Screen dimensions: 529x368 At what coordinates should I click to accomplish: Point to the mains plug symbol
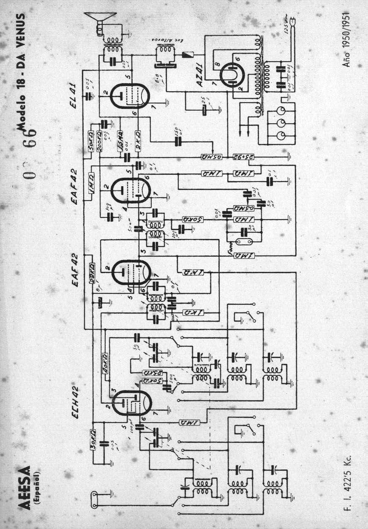292,21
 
